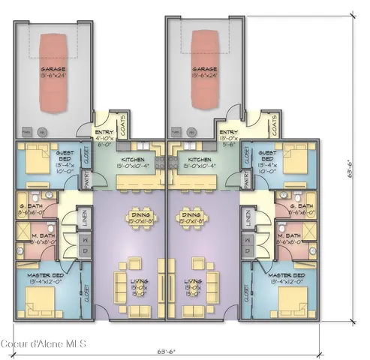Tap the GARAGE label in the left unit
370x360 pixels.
coord(54,70)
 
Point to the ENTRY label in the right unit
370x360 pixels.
coord(230,132)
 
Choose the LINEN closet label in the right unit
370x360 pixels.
coord(248,218)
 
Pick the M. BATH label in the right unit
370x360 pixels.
coord(289,238)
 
